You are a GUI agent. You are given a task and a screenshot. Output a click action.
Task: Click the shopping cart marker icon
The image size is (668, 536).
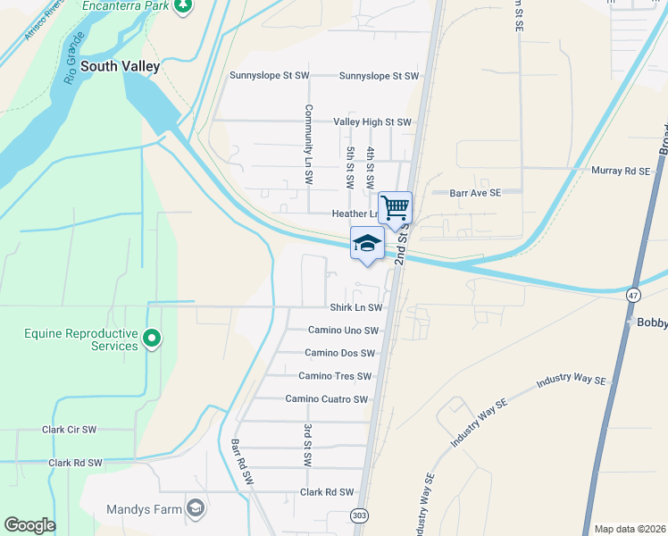[395, 208]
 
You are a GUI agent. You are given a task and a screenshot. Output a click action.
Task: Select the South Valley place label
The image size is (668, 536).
[121, 66]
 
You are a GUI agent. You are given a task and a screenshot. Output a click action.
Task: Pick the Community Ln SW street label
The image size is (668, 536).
[307, 144]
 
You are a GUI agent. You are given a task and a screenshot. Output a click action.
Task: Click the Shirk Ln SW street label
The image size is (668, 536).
[355, 307]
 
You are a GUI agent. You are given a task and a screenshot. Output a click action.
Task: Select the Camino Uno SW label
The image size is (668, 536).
[344, 330]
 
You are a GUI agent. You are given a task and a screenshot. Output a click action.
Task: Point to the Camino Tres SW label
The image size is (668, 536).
[335, 376]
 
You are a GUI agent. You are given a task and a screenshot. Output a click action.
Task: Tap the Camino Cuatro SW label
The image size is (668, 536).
[327, 399]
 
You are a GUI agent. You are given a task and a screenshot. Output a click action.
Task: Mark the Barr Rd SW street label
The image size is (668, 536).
[242, 462]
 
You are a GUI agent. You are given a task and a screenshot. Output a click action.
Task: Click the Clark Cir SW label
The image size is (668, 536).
[69, 430]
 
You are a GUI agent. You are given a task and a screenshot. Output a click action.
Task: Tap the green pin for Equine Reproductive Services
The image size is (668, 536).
[151, 338]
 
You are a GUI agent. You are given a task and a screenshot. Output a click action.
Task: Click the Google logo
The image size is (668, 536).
[29, 525]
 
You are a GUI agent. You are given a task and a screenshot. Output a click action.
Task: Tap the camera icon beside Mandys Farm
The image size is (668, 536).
[196, 509]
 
